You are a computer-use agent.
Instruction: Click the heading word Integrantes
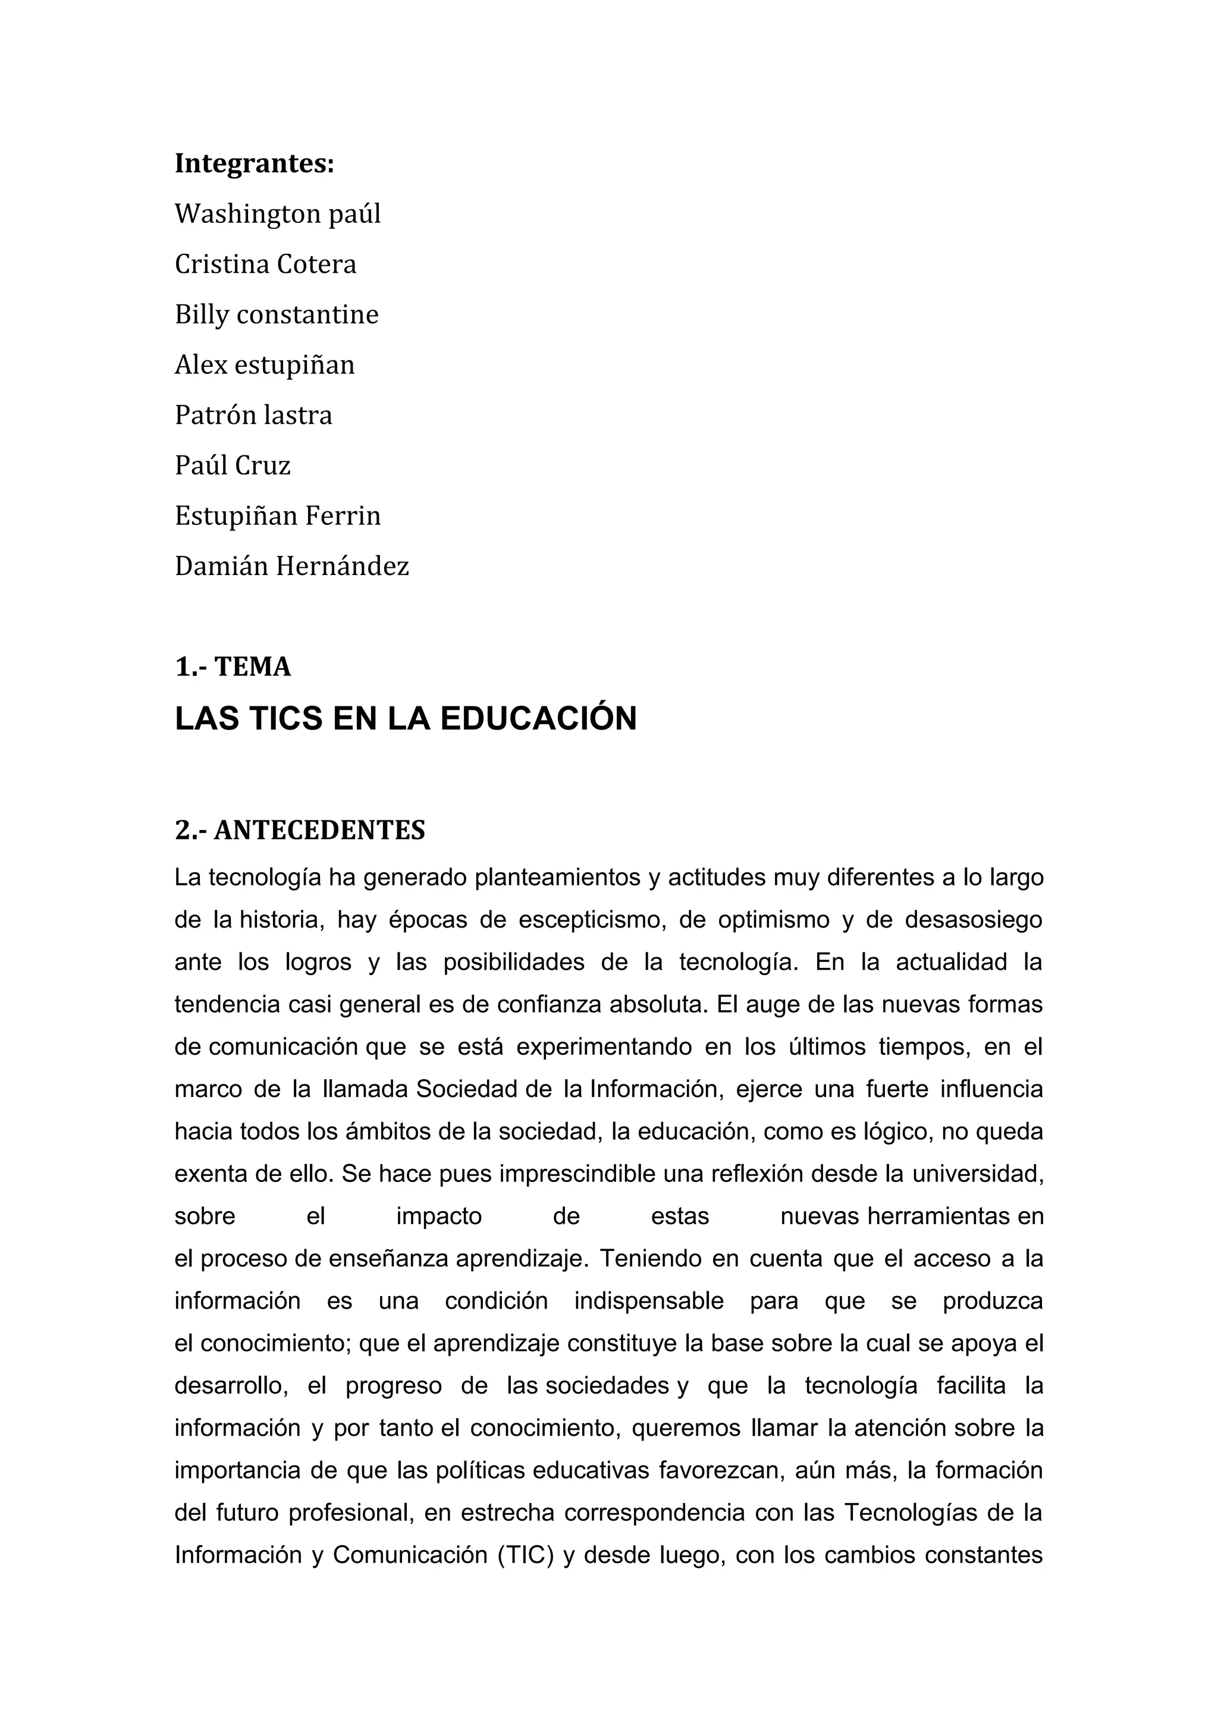pyautogui.click(x=254, y=164)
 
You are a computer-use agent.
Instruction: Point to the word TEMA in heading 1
pyautogui.click(x=252, y=667)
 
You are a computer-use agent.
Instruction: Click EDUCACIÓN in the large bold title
pyautogui.click(x=538, y=719)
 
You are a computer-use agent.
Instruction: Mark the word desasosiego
pyautogui.click(x=974, y=920)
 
